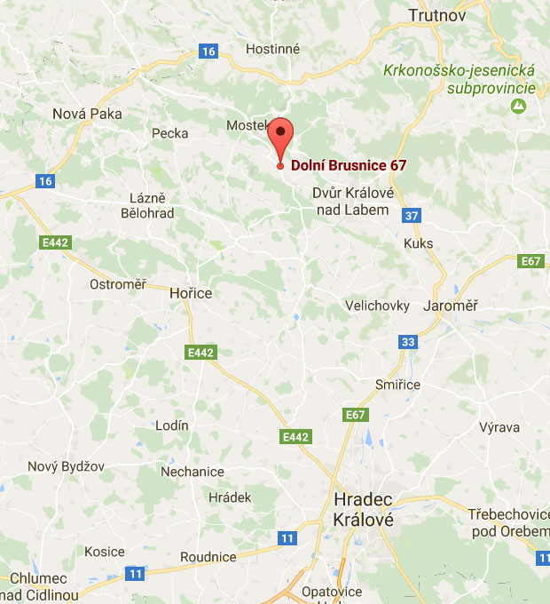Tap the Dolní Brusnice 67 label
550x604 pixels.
click(349, 165)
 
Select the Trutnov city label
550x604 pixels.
click(436, 14)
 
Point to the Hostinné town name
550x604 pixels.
click(273, 49)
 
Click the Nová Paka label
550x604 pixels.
click(87, 113)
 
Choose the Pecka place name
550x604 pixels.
click(170, 133)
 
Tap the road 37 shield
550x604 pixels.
click(410, 215)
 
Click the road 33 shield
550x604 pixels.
click(407, 342)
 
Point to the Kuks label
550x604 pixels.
click(418, 242)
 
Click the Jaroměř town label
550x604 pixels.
click(451, 306)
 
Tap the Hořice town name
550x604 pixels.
click(191, 291)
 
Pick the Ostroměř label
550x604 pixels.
click(117, 284)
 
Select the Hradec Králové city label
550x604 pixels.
click(363, 509)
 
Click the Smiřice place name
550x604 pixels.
click(397, 385)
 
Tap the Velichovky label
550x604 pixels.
click(377, 306)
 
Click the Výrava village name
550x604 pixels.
click(499, 427)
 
